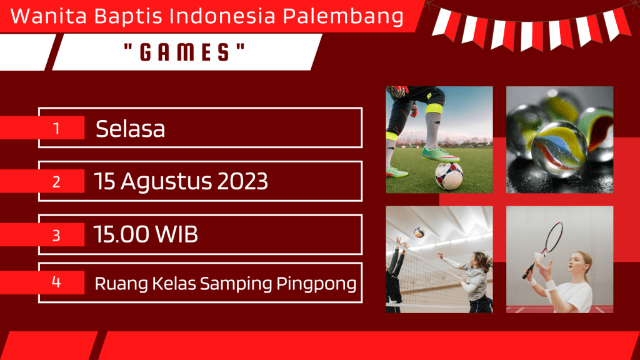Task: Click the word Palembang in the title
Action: point(343,17)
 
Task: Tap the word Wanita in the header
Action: point(49,16)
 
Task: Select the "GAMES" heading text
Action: point(184,52)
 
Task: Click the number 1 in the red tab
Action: point(56,129)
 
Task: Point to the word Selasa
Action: point(130,129)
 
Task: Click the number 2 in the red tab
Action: point(56,182)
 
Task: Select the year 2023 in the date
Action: point(242,181)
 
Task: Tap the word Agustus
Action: point(166,182)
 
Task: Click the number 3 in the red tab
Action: point(56,235)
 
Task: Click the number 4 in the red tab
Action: point(56,282)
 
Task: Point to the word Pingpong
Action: point(316,284)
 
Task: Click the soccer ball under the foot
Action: point(449,176)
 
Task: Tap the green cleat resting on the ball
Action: point(439,155)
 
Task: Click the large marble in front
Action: point(559,149)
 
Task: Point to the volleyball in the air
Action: point(419,232)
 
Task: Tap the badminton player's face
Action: point(576,264)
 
